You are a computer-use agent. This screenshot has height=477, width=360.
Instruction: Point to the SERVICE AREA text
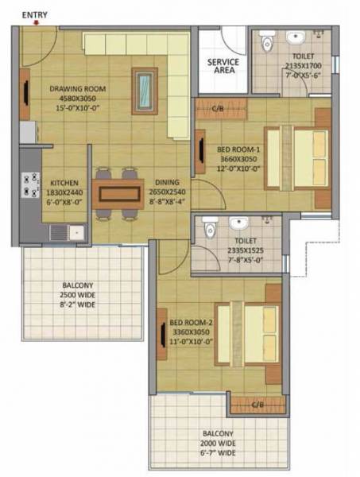(x=223, y=65)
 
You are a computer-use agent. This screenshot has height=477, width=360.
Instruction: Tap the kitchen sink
(x=60, y=232)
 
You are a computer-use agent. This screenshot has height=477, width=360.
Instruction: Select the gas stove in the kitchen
(x=32, y=184)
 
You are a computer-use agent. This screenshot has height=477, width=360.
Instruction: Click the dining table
(x=118, y=193)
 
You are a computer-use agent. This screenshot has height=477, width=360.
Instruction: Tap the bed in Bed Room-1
(x=297, y=157)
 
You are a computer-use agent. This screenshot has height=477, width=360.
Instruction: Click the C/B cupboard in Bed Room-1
(x=216, y=108)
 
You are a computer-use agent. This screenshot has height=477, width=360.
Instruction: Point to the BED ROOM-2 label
(x=190, y=322)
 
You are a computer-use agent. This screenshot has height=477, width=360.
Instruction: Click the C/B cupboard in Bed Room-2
(x=257, y=405)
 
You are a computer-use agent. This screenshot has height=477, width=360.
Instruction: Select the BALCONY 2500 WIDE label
(x=79, y=295)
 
